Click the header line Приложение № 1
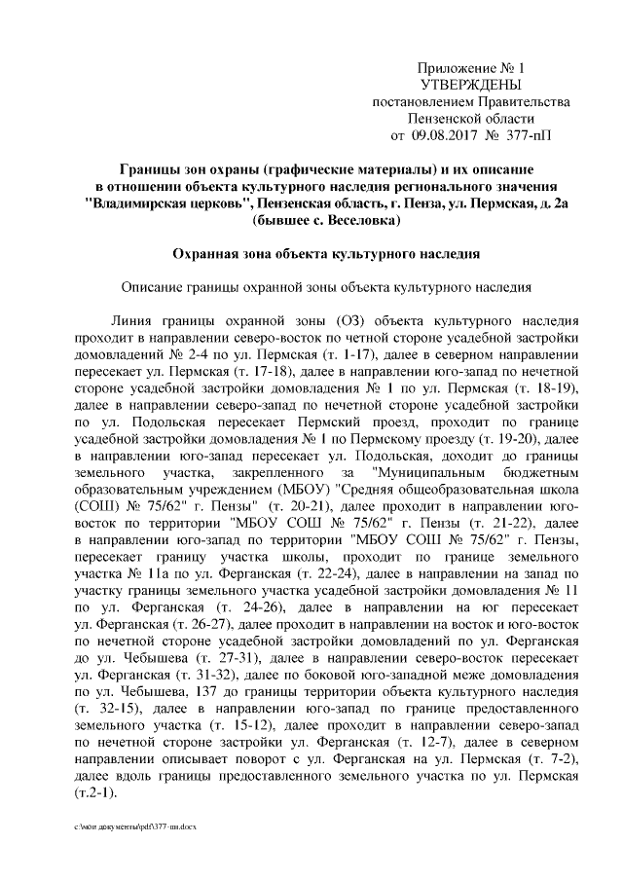(470, 69)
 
